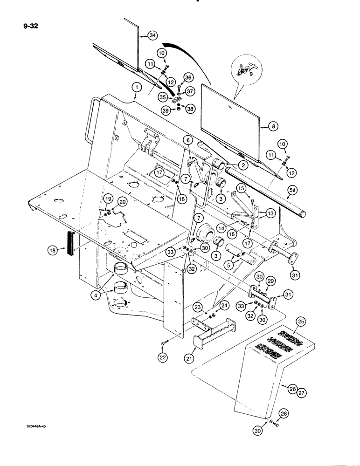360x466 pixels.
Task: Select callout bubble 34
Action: pos(152,35)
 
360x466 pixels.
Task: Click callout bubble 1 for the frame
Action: pos(135,87)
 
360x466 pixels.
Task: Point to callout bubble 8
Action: pos(262,125)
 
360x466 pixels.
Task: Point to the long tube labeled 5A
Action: pos(266,193)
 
